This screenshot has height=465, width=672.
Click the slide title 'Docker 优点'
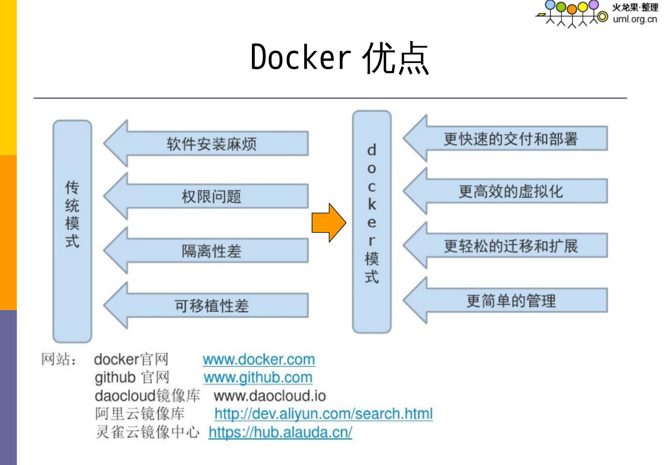(339, 58)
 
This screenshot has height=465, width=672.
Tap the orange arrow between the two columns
(329, 222)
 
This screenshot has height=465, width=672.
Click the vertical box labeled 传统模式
(72, 231)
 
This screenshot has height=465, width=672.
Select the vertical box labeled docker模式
(371, 222)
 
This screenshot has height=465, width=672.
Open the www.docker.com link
(259, 360)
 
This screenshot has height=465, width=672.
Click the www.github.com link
(258, 377)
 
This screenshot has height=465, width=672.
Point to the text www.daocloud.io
(270, 396)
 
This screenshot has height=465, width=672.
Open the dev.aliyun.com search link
(323, 414)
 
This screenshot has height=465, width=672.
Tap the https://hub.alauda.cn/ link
(280, 432)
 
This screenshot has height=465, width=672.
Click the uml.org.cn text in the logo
(635, 19)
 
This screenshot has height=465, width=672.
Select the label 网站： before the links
(59, 360)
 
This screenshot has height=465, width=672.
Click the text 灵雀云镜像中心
(147, 432)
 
